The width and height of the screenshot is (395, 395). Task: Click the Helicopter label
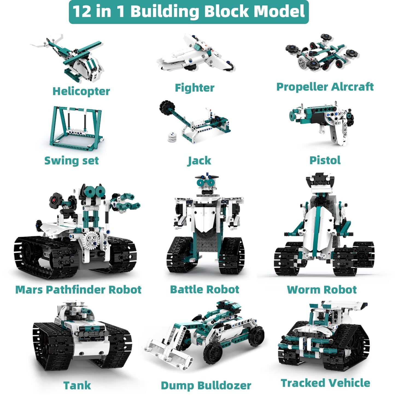tap(81, 91)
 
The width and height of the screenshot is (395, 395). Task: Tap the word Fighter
tap(195, 88)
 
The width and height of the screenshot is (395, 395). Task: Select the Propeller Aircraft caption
tap(325, 87)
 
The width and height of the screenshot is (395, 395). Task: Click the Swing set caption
tap(72, 160)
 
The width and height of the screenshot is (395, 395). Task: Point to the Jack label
tap(199, 160)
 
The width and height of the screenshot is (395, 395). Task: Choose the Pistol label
tap(325, 160)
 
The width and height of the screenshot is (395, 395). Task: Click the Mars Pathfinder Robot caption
tap(78, 289)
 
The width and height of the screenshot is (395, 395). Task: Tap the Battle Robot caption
tap(204, 289)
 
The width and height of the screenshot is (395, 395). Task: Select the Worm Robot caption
tap(322, 289)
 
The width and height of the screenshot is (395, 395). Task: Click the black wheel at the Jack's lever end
tap(167, 108)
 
